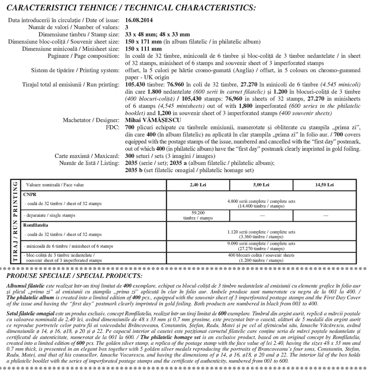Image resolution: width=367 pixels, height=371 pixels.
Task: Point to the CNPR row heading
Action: [x=29, y=194]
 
